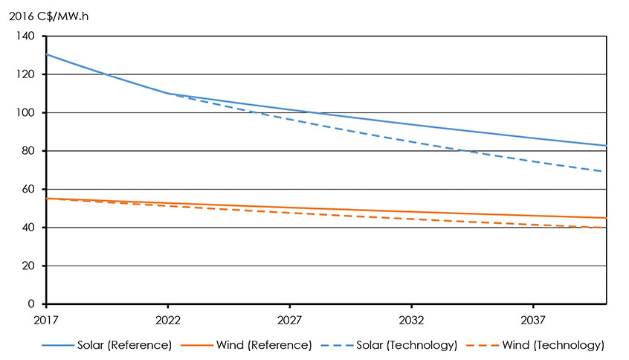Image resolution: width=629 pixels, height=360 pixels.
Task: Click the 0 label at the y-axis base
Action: (31, 304)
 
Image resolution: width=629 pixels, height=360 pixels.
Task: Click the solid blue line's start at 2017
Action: (47, 54)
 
